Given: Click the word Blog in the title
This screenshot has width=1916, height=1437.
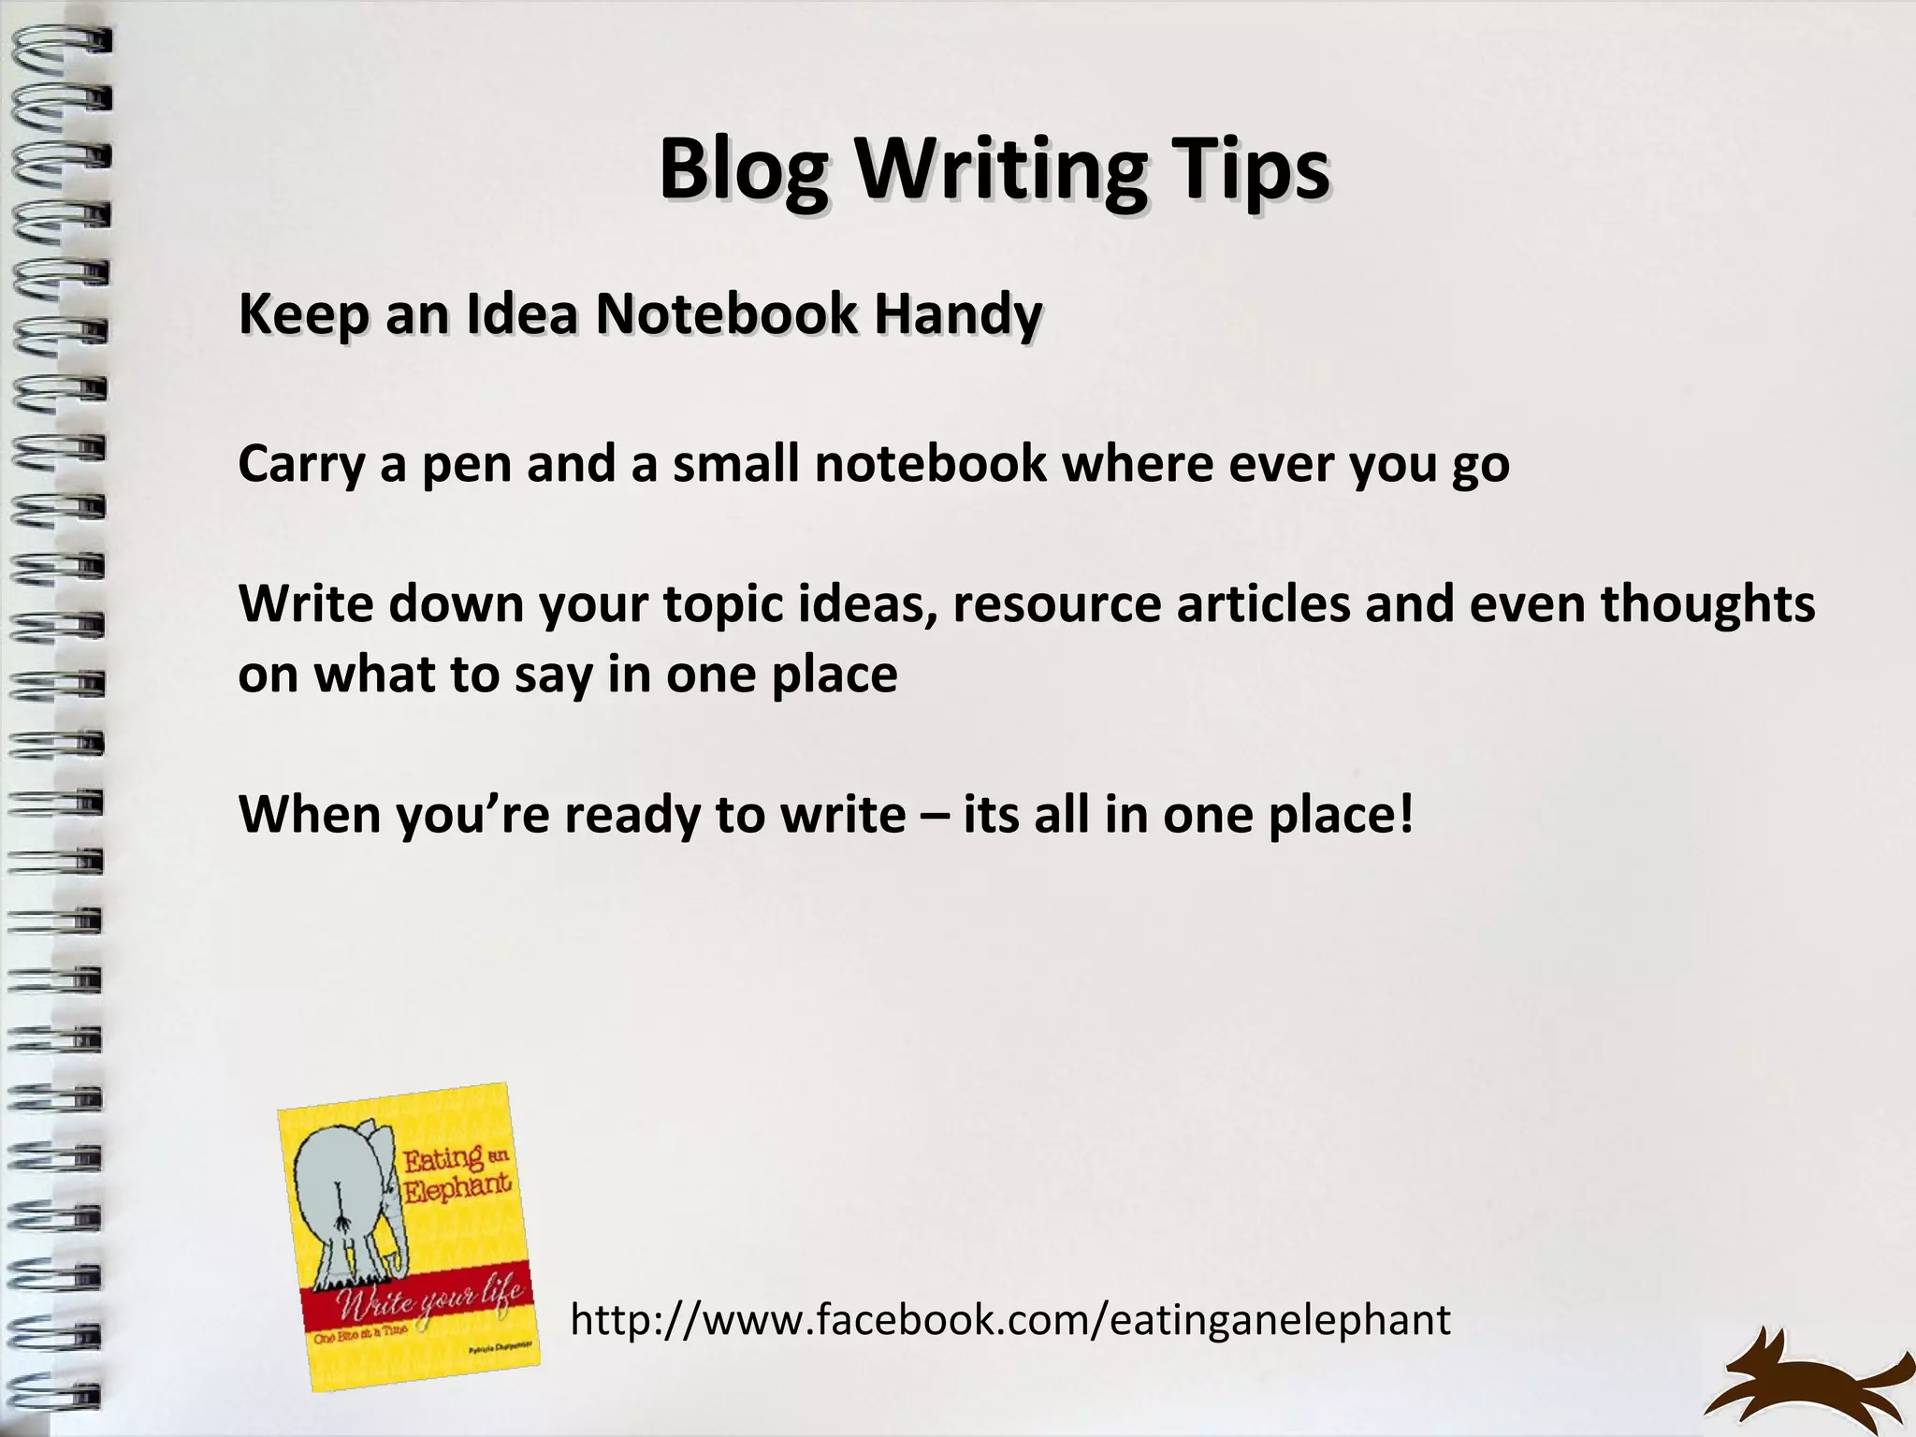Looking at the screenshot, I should (742, 170).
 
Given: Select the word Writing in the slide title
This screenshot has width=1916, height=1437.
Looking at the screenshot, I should (999, 170).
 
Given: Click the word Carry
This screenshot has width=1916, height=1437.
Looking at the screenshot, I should (301, 465).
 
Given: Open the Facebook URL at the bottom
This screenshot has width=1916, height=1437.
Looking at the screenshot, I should (1010, 1320).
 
